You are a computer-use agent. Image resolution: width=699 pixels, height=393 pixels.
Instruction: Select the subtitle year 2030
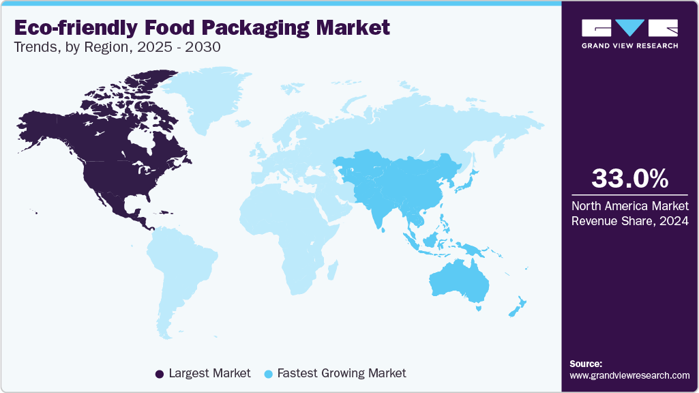(x=205, y=48)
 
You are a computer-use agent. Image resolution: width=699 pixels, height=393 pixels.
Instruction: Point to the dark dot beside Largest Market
(x=160, y=374)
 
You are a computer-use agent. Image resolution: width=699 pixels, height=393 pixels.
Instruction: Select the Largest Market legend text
(x=209, y=373)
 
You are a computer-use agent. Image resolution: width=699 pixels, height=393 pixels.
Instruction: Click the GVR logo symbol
(x=629, y=28)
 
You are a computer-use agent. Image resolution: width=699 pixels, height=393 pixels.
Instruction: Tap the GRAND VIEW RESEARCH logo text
(x=629, y=46)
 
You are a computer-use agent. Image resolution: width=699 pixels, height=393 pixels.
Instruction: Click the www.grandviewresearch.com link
(x=629, y=375)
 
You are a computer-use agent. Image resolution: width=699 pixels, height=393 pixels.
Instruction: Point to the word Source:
(x=586, y=364)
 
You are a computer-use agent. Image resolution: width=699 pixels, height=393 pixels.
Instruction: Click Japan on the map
(x=470, y=179)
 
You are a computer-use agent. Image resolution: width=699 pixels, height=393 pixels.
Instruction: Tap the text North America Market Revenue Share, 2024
(x=629, y=212)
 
